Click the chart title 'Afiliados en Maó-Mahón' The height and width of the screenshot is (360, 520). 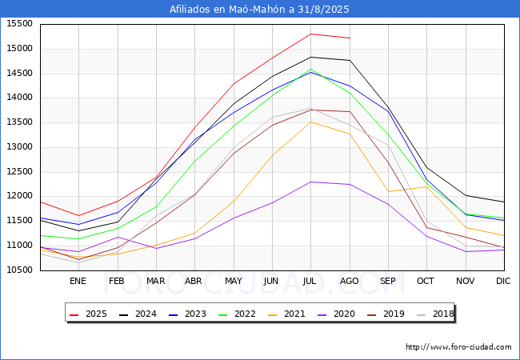tap(259, 10)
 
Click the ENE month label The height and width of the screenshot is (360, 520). tap(78, 281)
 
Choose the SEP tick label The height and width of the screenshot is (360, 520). tap(388, 281)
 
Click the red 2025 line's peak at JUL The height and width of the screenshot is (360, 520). tap(310, 34)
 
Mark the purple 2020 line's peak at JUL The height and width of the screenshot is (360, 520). tap(310, 182)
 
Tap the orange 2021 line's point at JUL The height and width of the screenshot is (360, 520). tap(310, 122)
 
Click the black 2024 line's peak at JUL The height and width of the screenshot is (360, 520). tap(310, 57)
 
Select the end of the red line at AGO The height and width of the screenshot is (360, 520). tap(350, 38)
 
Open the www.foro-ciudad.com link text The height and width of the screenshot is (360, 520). tap(458, 347)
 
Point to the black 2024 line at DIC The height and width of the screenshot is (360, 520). tap(504, 202)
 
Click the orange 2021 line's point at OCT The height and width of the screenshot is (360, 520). tap(426, 186)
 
